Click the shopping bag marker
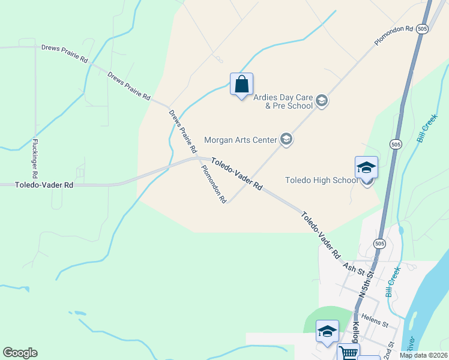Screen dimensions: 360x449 pyautogui.click(x=241, y=85)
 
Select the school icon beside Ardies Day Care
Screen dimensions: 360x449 pyautogui.click(x=322, y=101)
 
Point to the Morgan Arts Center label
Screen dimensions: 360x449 pyautogui.click(x=240, y=140)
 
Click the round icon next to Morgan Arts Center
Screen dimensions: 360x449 pyautogui.click(x=286, y=140)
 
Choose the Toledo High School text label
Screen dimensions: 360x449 pyautogui.click(x=321, y=180)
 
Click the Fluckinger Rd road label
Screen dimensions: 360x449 pyautogui.click(x=35, y=158)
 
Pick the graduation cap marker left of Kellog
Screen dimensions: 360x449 pyautogui.click(x=327, y=332)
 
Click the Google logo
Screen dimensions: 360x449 pyautogui.click(x=20, y=353)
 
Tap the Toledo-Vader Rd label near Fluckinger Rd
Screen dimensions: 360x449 pyautogui.click(x=44, y=186)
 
